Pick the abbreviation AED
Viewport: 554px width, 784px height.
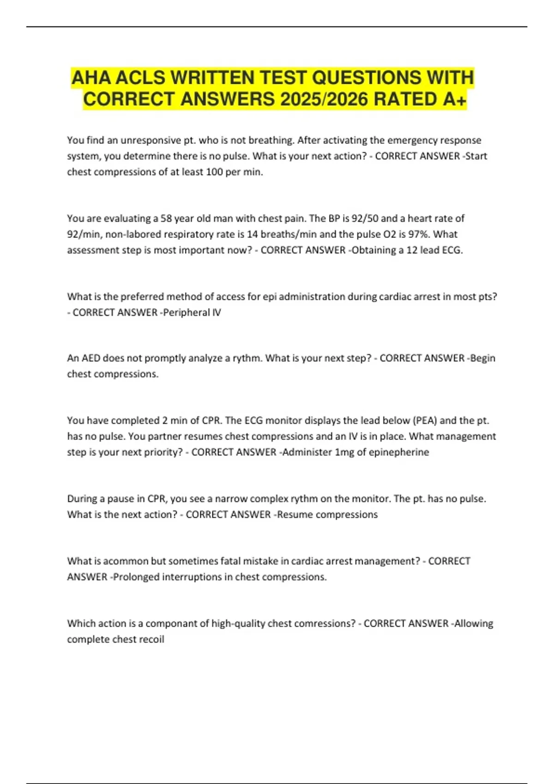91,358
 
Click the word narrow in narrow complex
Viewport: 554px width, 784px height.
230,499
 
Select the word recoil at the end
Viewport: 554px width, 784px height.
151,640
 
